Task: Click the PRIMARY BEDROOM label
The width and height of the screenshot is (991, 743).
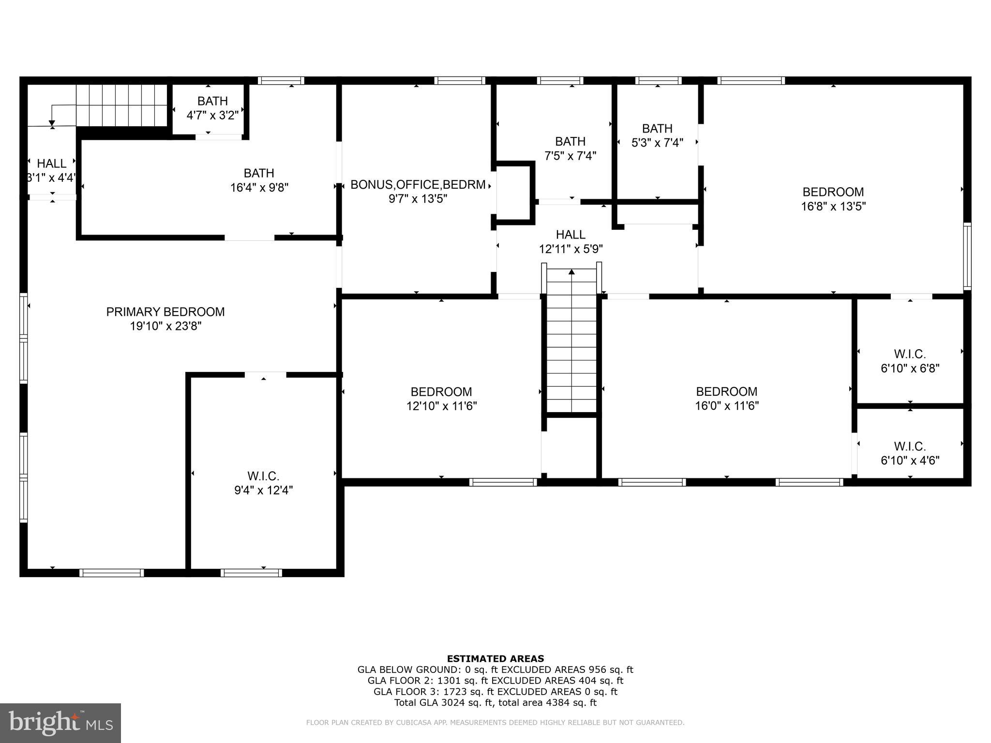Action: [165, 312]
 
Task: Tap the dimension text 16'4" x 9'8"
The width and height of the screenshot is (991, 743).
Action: [259, 188]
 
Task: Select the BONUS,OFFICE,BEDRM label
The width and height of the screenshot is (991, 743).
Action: [418, 185]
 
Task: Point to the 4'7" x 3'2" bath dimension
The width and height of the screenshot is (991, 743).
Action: [212, 116]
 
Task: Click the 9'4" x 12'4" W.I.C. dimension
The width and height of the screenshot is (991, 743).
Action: [263, 490]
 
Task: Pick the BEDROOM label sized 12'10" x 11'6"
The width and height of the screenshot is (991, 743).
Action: [441, 392]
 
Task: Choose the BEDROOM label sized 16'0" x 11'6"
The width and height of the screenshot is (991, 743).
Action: [726, 391]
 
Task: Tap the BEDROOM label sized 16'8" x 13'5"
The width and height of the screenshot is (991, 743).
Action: [833, 192]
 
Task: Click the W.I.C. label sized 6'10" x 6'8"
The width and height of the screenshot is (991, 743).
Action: [910, 354]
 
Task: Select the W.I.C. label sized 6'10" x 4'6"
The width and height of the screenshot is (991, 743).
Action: [910, 446]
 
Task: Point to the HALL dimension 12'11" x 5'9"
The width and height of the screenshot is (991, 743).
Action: [571, 249]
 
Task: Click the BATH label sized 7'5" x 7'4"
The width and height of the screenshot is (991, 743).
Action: [570, 142]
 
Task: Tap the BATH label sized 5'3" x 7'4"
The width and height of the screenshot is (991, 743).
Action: [657, 129]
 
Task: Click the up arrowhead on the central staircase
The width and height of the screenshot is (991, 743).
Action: [571, 272]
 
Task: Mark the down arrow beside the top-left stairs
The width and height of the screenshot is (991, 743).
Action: [52, 123]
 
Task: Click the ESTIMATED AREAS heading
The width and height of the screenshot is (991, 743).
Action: [495, 658]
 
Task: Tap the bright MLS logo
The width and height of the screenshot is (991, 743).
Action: [60, 723]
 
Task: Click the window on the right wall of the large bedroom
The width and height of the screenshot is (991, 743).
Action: [967, 256]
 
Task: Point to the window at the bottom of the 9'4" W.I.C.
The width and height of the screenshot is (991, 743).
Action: [251, 573]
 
